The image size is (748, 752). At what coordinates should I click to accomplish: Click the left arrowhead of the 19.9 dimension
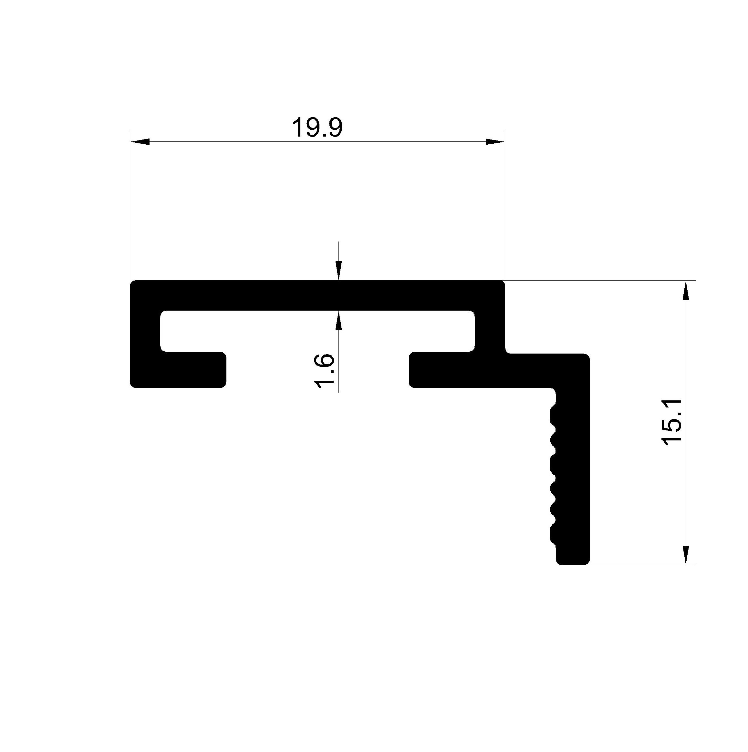[140, 142]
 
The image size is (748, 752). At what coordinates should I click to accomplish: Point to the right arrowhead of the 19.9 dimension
[495, 142]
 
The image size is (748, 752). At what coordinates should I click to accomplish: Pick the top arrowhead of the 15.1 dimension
[686, 290]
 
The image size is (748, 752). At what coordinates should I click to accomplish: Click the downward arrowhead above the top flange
[339, 271]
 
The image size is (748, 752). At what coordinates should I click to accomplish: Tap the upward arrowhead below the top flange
[339, 320]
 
